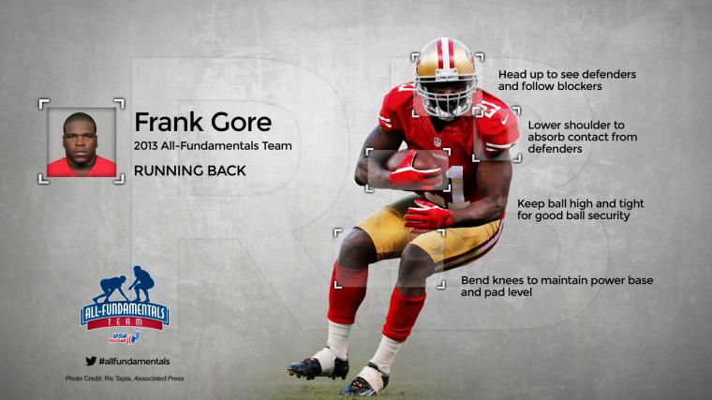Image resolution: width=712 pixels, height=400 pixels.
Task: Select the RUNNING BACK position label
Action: (190, 170)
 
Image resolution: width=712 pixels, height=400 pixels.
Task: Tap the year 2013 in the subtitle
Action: (145, 146)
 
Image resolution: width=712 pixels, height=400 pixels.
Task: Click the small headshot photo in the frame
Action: (82, 142)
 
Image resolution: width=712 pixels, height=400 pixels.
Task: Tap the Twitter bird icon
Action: (91, 361)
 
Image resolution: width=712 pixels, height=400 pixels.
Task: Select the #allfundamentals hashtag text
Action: (134, 362)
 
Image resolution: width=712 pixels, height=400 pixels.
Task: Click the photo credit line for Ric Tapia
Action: (125, 378)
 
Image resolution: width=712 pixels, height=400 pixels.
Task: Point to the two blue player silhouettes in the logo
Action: (125, 285)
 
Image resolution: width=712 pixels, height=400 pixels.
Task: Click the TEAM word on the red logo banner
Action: (125, 322)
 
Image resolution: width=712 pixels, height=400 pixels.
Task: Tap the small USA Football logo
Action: (125, 337)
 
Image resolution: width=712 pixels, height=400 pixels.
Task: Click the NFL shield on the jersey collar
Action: (437, 141)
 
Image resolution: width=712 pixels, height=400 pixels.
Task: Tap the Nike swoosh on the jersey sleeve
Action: (504, 121)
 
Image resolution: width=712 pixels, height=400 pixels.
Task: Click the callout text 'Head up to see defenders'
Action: (567, 74)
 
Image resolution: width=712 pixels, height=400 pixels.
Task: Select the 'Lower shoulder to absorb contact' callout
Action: (582, 137)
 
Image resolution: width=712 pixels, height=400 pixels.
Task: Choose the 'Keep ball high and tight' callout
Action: (580, 209)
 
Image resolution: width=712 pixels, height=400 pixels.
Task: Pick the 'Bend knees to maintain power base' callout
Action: (556, 286)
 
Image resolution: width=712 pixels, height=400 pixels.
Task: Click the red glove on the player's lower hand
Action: (428, 215)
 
